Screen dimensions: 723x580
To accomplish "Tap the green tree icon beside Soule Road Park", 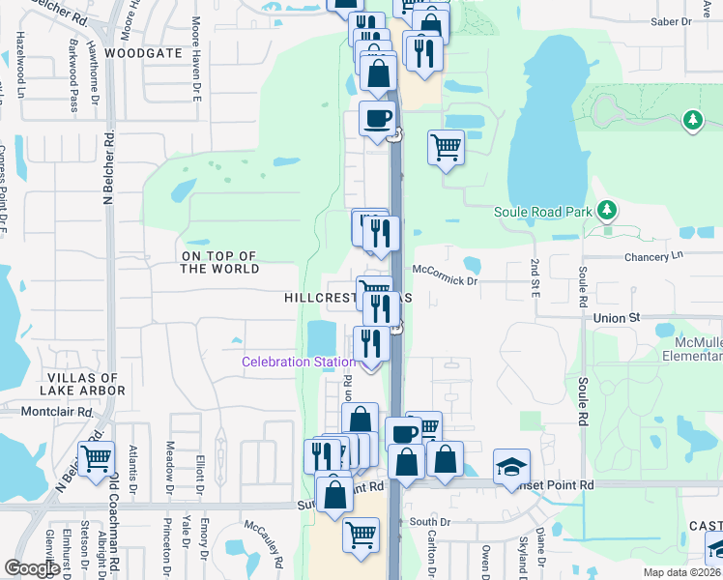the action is (606, 210).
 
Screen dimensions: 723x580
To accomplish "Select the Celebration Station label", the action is (298, 362).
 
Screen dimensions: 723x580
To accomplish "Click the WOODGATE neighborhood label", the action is (143, 53).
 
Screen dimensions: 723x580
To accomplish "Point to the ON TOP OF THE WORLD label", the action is (220, 262).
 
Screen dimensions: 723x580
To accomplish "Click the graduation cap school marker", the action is (511, 468).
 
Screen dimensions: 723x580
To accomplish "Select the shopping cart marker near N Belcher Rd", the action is (96, 459).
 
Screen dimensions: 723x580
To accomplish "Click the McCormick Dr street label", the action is (446, 280).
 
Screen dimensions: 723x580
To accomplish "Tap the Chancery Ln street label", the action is (654, 256).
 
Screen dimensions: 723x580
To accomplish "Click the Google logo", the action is (31, 568).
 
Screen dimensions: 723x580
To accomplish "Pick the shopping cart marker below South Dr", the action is (361, 534).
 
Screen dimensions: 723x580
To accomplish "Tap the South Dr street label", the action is (430, 522).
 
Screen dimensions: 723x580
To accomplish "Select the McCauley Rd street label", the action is (263, 545).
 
